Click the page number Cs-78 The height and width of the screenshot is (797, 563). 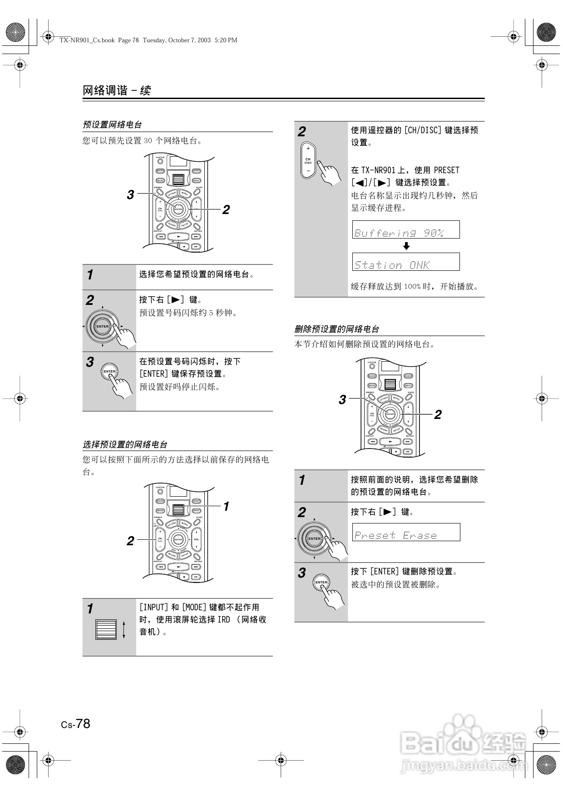[76, 723]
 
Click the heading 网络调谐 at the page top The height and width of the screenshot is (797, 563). [105, 90]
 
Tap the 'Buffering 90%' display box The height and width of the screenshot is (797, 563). [406, 230]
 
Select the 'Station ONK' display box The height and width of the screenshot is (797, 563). [406, 262]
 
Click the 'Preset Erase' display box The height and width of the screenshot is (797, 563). [406, 532]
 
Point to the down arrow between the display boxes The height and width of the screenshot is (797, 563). [406, 246]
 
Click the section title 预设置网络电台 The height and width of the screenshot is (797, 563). [112, 125]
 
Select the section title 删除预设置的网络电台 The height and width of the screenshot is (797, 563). [336, 329]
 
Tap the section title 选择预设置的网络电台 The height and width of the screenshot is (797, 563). [125, 444]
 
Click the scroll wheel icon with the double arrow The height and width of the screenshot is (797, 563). [109, 629]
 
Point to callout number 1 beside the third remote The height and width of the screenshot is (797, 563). [226, 506]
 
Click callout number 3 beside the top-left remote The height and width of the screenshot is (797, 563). [130, 194]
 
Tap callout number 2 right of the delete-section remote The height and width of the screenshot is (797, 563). [438, 414]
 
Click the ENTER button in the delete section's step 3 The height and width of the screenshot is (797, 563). [321, 582]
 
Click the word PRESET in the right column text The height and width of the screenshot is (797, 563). [446, 170]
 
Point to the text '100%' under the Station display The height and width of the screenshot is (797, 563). [412, 287]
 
